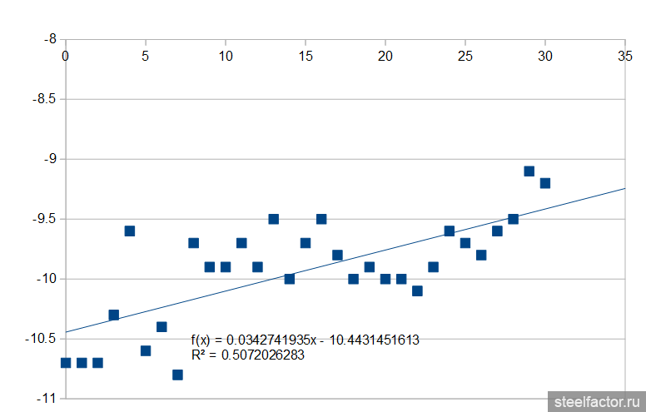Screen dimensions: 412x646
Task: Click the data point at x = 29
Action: (x=529, y=171)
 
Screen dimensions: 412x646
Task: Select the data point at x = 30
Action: (x=545, y=183)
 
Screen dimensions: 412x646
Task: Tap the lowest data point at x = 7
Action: (x=177, y=375)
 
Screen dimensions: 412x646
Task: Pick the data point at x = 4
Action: (x=130, y=231)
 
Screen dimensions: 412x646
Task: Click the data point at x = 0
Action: (x=66, y=362)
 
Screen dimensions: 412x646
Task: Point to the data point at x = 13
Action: (x=274, y=219)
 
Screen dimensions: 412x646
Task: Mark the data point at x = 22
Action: (x=417, y=290)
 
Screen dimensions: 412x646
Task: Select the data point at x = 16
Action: (x=321, y=219)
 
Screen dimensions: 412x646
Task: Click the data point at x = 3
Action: (x=114, y=315)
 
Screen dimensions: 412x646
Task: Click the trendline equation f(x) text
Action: (x=305, y=340)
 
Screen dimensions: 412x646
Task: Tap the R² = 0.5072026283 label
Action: (x=248, y=355)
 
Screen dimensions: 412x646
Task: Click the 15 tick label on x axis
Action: (x=306, y=56)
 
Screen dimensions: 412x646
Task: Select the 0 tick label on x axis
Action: (x=66, y=56)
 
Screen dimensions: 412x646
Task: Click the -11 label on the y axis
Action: (x=45, y=399)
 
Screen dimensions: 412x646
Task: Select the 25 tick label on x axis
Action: (x=465, y=56)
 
